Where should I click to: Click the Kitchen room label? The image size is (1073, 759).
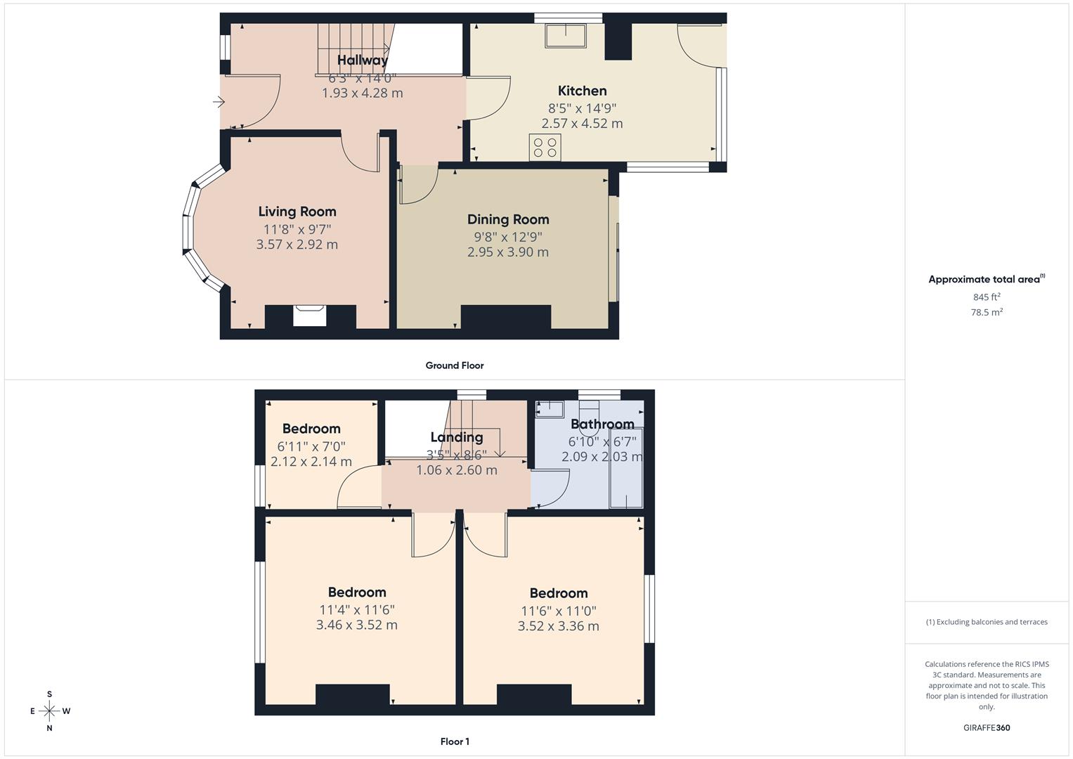tap(582, 91)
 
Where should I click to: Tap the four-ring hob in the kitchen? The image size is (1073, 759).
tap(545, 148)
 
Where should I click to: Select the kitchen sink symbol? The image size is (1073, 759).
tap(566, 36)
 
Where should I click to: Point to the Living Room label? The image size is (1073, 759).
tap(297, 212)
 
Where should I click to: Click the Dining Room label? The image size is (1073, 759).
tap(508, 219)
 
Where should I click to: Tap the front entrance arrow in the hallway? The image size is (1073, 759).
tap(219, 103)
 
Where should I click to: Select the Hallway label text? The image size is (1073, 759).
tap(362, 60)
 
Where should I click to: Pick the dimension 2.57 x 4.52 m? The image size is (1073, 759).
tap(582, 124)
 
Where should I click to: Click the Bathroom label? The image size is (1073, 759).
tap(602, 424)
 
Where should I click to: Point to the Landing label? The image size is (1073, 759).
tap(457, 437)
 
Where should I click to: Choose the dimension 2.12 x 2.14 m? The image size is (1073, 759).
tap(311, 462)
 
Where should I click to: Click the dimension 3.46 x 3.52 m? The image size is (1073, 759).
tap(357, 625)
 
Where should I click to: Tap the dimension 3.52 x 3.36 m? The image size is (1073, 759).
tap(559, 626)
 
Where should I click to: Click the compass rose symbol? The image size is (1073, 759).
tap(49, 711)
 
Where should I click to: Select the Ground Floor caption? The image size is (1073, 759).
tap(455, 365)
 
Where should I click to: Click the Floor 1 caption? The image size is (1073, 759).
tap(455, 741)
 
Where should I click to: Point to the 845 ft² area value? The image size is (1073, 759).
tap(987, 297)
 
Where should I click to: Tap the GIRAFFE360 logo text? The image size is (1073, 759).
tap(987, 727)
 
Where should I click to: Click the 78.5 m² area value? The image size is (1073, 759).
tap(987, 313)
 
